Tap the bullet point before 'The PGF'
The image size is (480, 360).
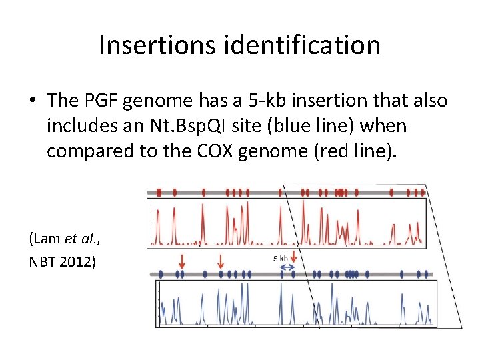(x=33, y=101)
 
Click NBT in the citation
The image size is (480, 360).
(x=43, y=261)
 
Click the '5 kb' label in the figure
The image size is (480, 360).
(x=281, y=258)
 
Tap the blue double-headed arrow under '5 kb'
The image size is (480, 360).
(x=287, y=267)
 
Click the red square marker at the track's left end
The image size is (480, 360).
(x=159, y=192)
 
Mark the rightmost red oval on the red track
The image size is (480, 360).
(x=423, y=193)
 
